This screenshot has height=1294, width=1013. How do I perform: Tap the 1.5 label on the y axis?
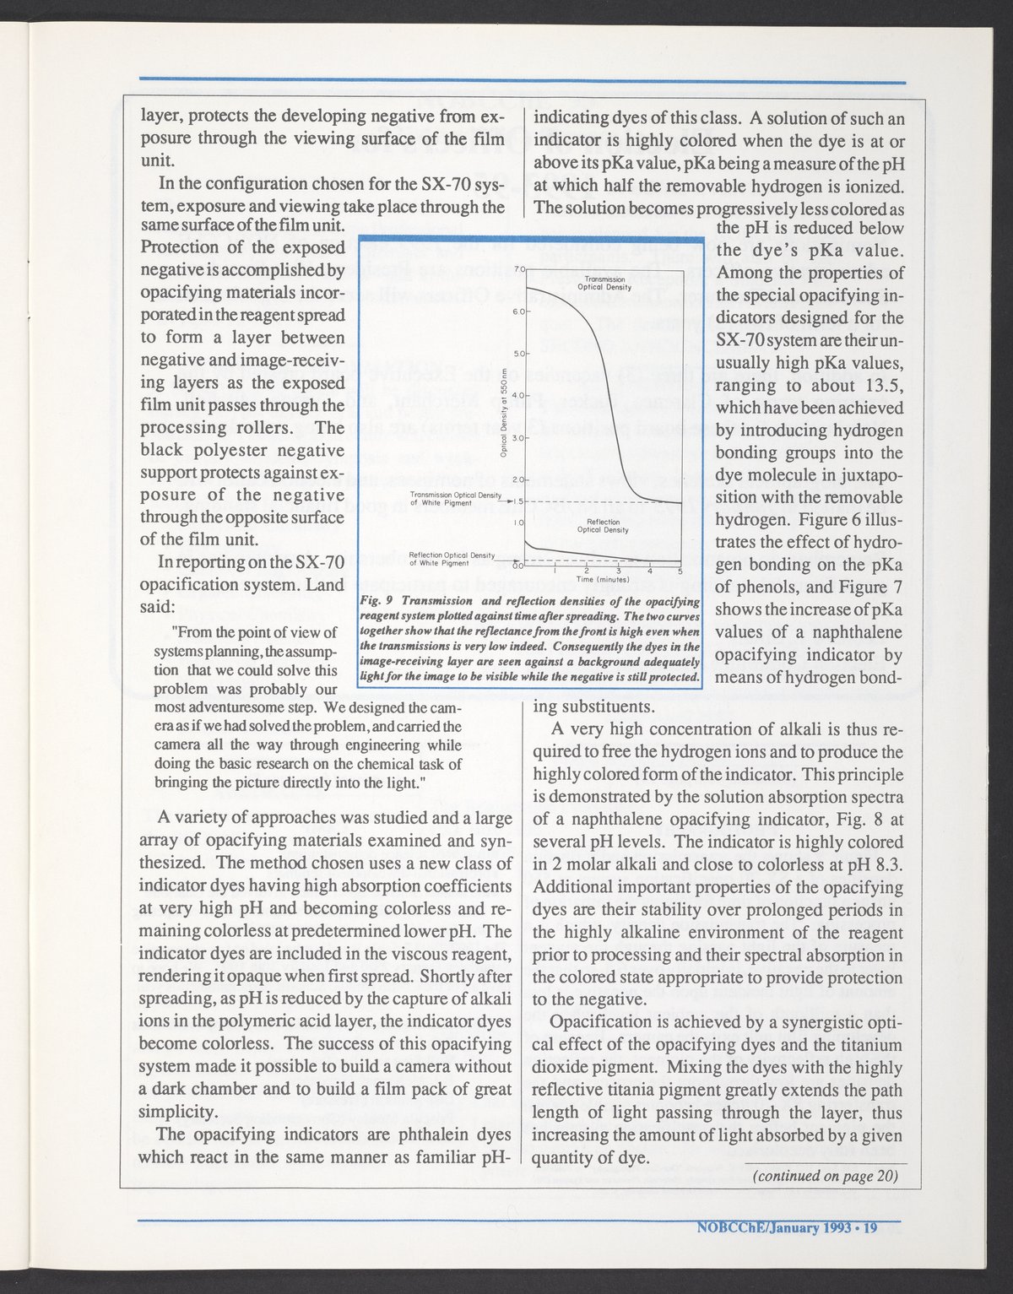[x=517, y=501]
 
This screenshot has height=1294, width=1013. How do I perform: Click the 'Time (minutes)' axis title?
[x=600, y=581]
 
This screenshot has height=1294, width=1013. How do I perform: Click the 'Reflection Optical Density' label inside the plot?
[x=604, y=526]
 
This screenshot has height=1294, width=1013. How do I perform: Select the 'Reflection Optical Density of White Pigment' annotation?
[x=451, y=558]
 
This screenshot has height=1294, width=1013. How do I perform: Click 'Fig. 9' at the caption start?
[x=372, y=601]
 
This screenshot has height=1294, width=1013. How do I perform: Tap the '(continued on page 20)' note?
[x=824, y=1176]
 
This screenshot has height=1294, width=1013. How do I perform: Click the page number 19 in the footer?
[x=869, y=1227]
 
